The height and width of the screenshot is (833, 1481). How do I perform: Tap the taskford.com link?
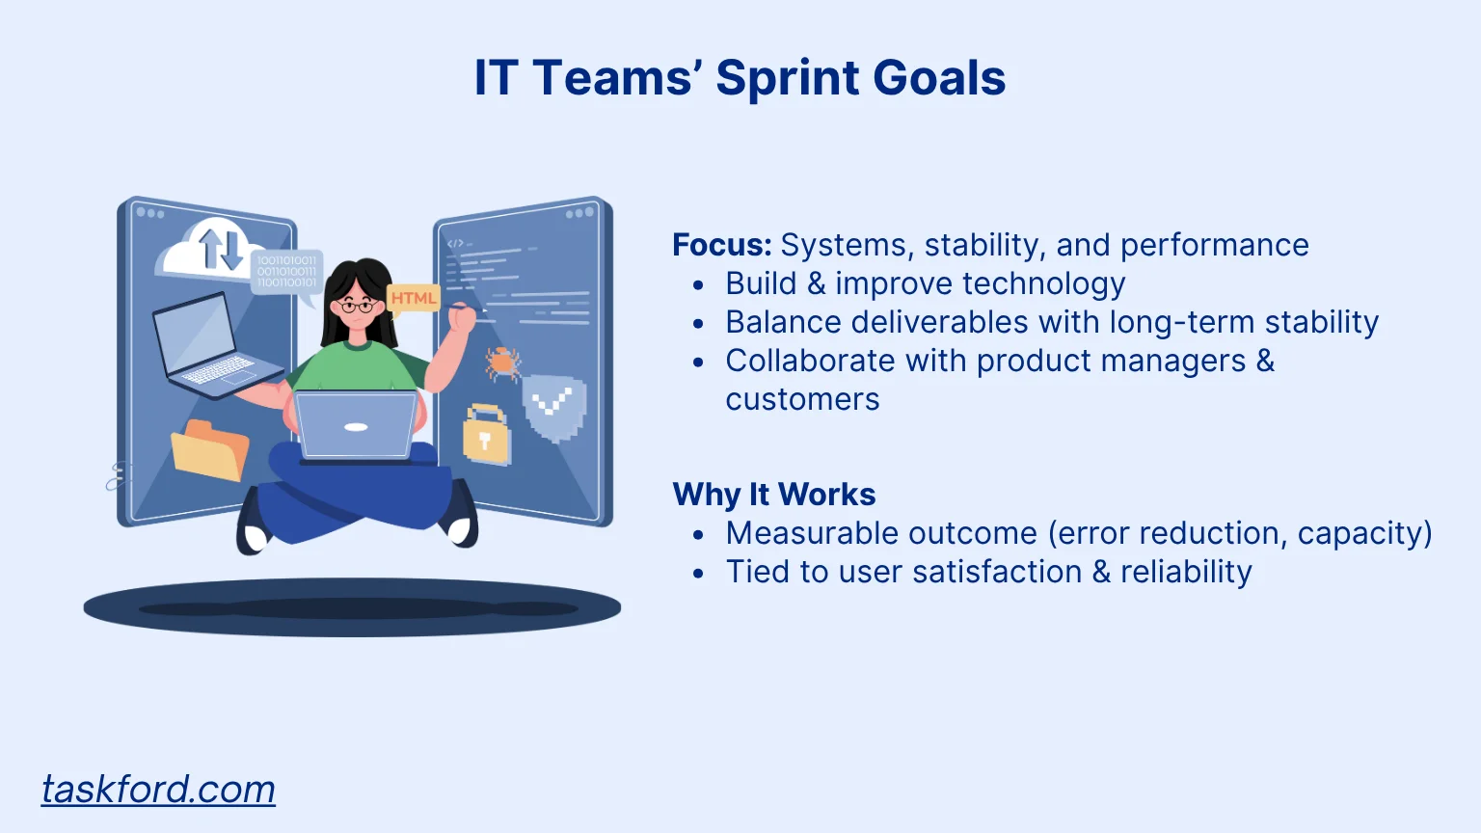tap(158, 789)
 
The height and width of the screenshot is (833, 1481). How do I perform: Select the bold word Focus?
tap(722, 245)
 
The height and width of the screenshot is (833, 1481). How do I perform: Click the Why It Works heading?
tap(773, 494)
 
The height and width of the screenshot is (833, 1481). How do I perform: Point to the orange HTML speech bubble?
tap(413, 299)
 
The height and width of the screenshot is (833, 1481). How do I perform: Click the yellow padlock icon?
tap(486, 435)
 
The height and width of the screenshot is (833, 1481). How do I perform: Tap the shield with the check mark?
tap(554, 407)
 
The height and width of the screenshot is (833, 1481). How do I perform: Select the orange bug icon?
tap(502, 363)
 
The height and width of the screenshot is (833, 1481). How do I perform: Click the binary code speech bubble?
tap(286, 274)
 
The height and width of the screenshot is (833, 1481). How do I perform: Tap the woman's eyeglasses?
tap(358, 306)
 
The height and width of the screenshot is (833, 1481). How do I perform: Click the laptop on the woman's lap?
tap(356, 426)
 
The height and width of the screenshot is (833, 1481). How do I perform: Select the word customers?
tap(802, 399)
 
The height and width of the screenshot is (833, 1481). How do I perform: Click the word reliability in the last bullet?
tap(1186, 572)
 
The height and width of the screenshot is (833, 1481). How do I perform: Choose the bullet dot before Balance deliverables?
tap(699, 324)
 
